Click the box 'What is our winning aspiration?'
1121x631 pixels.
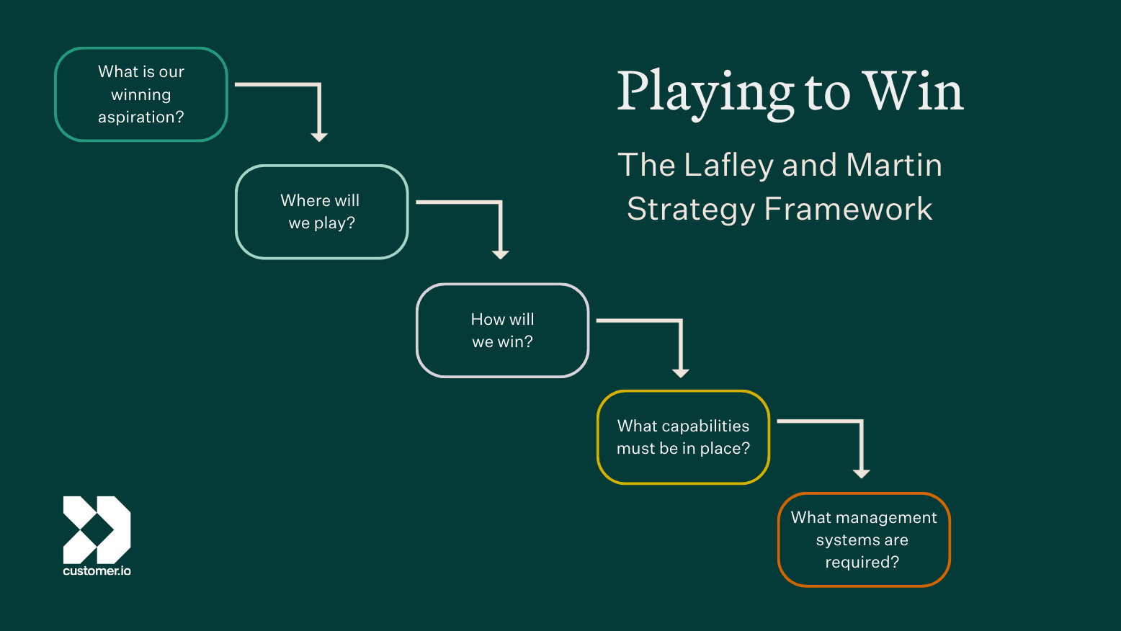point(141,94)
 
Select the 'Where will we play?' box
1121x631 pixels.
point(321,212)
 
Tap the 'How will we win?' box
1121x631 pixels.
point(502,331)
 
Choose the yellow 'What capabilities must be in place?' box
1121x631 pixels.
point(683,437)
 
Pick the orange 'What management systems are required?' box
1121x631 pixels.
point(864,540)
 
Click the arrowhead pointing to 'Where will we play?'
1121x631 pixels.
point(319,137)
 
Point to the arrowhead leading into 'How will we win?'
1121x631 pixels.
point(500,254)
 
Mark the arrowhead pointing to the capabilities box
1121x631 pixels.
point(681,372)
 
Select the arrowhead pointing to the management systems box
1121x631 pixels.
point(861,473)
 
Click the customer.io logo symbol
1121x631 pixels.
point(97,529)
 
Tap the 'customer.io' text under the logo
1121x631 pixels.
point(97,571)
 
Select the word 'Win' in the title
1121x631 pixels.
point(914,92)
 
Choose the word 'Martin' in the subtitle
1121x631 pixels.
point(894,165)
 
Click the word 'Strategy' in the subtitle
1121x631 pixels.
point(690,210)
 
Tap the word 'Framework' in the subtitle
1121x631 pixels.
point(848,209)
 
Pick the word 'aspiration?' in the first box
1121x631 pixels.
point(141,117)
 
